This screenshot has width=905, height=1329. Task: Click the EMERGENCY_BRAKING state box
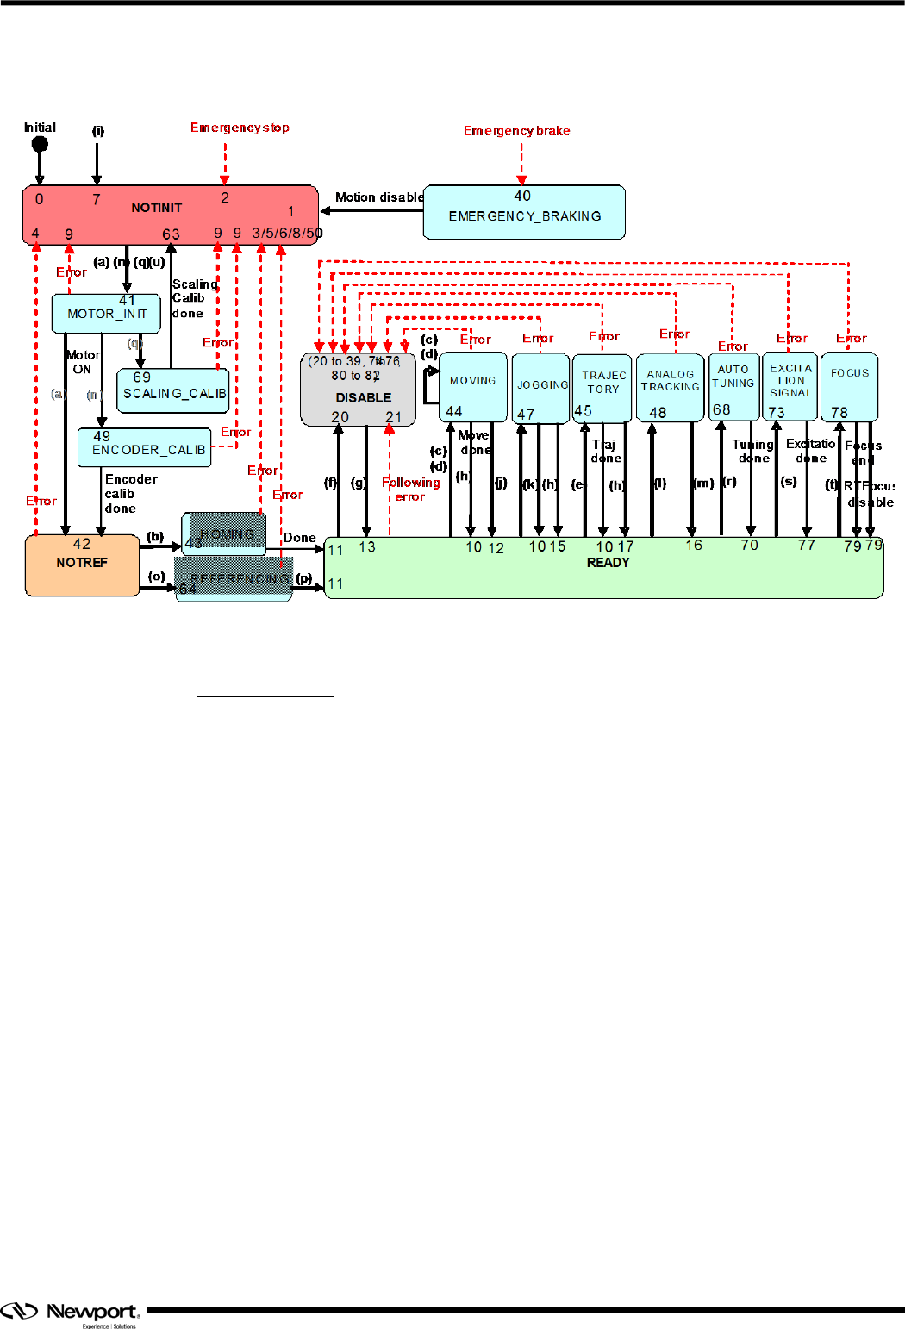tap(524, 212)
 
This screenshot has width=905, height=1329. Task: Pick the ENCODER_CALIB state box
tap(145, 448)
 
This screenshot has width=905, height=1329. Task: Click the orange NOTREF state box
tap(82, 565)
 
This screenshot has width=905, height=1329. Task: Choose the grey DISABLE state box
tap(359, 390)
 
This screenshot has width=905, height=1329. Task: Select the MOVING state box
tap(473, 387)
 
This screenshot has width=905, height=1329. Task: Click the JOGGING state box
tap(541, 388)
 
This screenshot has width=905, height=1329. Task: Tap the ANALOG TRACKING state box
tap(670, 387)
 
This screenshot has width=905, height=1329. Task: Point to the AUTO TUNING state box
tap(733, 385)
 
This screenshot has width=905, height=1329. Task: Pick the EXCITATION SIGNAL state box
tap(790, 385)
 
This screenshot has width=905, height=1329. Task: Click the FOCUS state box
tap(849, 385)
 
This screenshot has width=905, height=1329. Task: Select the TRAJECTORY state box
tap(602, 388)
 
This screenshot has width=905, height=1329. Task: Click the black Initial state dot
tap(40, 144)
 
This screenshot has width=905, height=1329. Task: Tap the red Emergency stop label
tap(240, 128)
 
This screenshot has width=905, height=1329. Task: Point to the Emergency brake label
tap(516, 131)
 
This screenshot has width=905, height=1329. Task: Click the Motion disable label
tap(379, 197)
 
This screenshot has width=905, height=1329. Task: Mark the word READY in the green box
tap(608, 563)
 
